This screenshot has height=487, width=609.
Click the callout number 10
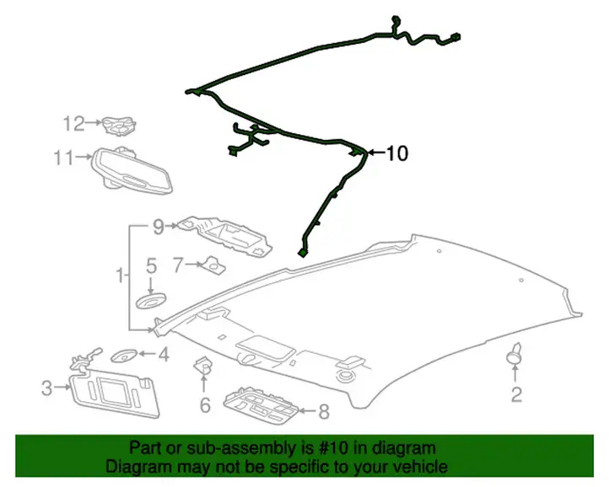point(397,153)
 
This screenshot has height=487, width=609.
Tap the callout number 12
point(73,123)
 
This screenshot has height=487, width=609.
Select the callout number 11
point(63,158)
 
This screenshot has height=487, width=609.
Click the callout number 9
point(158,227)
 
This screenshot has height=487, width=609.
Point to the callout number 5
point(151,266)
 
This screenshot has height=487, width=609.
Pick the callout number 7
point(177,265)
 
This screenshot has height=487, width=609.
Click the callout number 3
point(46,388)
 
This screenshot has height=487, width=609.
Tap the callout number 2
point(516,394)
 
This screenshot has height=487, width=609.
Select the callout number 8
point(324,412)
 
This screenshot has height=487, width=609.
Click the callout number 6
point(205,404)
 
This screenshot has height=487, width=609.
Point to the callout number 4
point(164,354)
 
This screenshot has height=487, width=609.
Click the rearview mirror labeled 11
point(132,172)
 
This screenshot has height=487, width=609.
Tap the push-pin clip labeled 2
point(515,355)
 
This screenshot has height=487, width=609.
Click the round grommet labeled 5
point(151,301)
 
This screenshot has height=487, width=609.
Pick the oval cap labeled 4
point(124,356)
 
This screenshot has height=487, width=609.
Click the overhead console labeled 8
point(261,405)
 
